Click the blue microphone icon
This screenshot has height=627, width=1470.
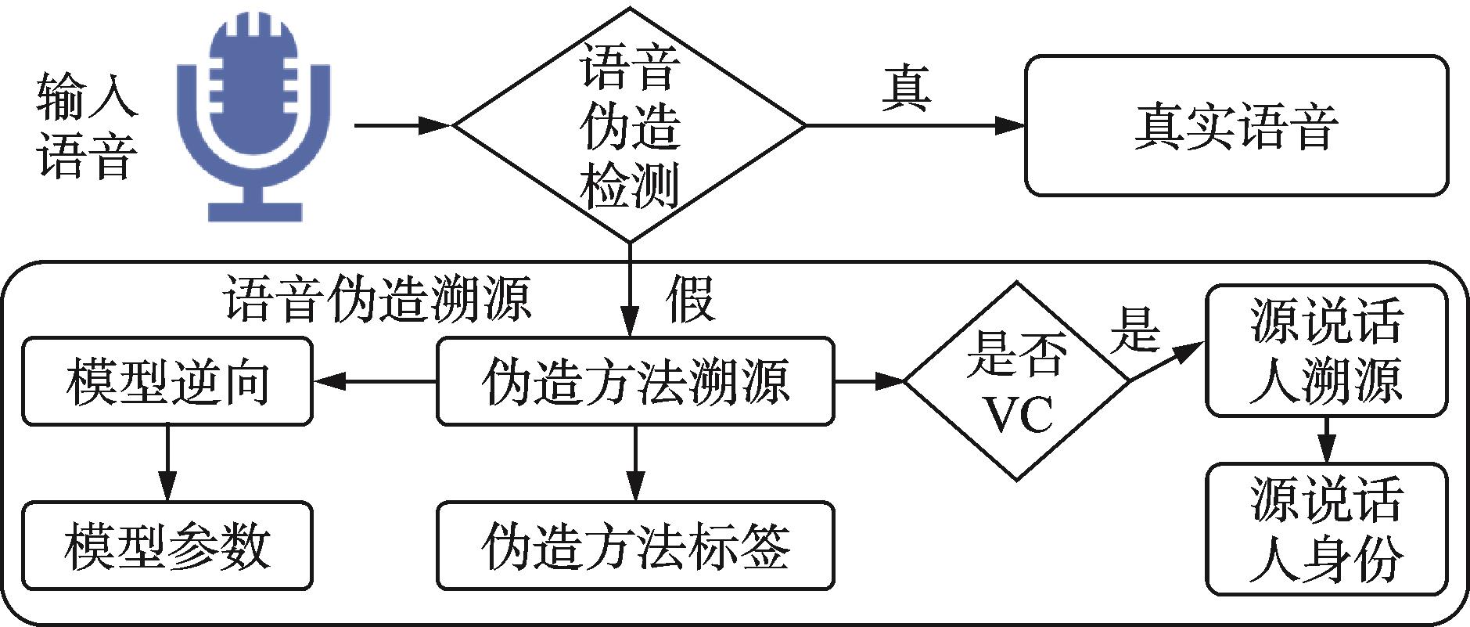click(253, 117)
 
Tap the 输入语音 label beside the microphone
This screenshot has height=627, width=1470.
click(86, 125)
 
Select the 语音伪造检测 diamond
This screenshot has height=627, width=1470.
click(630, 125)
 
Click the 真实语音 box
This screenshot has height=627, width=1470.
click(1236, 125)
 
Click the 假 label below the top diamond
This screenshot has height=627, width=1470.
click(690, 299)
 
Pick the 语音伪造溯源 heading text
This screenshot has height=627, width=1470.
click(378, 299)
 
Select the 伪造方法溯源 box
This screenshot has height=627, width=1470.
click(634, 381)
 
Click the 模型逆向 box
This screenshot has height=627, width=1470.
click(167, 381)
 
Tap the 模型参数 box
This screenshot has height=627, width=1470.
click(167, 546)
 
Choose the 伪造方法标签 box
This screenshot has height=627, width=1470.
click(634, 546)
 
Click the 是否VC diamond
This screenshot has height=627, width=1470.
click(1016, 381)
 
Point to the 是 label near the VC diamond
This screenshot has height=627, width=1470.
click(1134, 329)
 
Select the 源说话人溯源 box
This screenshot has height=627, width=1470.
click(1326, 351)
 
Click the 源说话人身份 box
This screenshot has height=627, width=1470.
click(1326, 528)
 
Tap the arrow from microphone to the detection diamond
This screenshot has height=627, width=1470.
click(403, 125)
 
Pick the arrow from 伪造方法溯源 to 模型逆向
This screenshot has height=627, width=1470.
click(374, 381)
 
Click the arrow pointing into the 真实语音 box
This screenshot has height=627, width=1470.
click(915, 125)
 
